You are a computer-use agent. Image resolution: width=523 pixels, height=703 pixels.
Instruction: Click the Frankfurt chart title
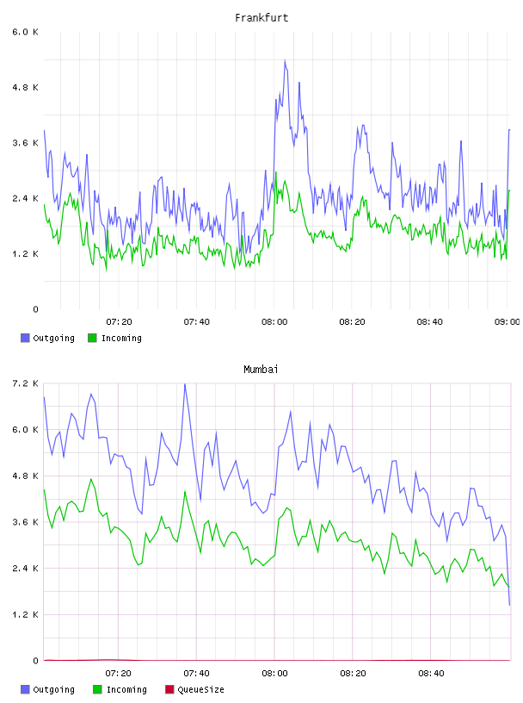[261, 18]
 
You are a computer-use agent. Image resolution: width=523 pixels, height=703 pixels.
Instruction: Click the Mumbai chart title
[261, 370]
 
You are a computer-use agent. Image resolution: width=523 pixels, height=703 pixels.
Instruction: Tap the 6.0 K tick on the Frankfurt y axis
[26, 32]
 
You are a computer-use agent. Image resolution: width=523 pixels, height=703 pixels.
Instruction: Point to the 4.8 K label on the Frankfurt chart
[26, 87]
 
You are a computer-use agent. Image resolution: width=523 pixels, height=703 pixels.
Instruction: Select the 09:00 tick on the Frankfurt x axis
[507, 322]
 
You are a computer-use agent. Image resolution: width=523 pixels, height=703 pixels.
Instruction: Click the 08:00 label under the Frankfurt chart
[274, 322]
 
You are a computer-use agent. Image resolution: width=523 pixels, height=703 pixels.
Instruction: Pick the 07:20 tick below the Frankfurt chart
[119, 322]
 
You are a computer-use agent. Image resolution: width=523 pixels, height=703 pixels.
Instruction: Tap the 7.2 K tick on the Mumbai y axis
[26, 383]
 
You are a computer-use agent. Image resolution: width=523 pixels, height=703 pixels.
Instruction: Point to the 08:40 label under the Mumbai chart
[431, 674]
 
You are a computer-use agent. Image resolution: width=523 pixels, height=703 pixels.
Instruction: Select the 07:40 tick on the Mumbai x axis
[196, 674]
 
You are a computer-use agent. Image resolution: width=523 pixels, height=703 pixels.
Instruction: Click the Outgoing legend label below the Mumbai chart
[53, 689]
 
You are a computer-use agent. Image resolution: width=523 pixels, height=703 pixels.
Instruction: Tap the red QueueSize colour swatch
[169, 689]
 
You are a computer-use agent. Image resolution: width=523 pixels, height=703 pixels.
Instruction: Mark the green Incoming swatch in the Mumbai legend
[97, 689]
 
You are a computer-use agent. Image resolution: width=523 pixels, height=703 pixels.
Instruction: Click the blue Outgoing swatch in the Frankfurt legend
[25, 338]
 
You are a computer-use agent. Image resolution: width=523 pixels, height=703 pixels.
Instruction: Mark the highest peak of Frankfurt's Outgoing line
[285, 60]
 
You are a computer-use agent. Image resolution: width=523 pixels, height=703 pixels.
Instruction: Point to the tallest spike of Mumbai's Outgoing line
[184, 384]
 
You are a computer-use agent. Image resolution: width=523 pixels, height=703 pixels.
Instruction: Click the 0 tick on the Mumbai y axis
[35, 661]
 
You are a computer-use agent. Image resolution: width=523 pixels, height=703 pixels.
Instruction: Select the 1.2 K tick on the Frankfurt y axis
[26, 254]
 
